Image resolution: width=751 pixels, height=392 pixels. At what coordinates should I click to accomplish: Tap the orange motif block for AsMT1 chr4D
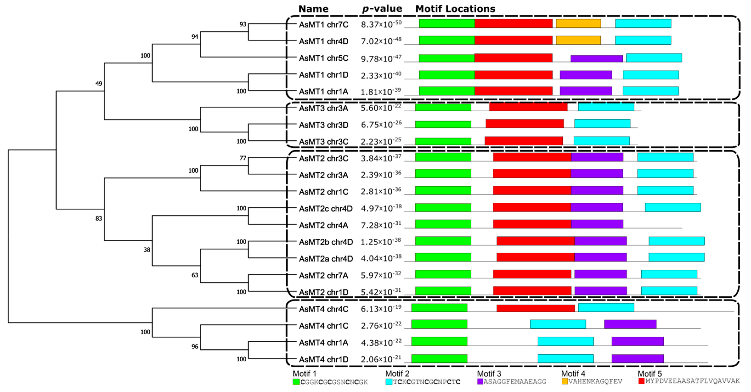click(x=578, y=40)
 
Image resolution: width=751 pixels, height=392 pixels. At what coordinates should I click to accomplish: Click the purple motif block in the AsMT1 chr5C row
click(x=597, y=59)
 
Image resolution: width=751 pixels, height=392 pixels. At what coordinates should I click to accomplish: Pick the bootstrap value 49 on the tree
click(x=99, y=84)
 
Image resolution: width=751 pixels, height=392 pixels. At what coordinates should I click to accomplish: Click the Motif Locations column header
click(x=455, y=9)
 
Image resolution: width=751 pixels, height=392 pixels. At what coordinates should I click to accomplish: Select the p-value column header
click(x=382, y=9)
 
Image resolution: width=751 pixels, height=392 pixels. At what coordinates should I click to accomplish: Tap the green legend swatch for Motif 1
click(x=296, y=382)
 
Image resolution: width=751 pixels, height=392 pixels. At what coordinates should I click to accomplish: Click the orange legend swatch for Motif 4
click(x=565, y=381)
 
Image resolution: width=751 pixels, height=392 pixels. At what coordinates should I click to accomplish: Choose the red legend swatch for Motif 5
click(x=641, y=381)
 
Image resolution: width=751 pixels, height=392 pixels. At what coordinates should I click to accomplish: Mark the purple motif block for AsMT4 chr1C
click(x=630, y=324)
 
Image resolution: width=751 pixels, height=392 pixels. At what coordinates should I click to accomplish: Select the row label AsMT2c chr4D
click(x=326, y=209)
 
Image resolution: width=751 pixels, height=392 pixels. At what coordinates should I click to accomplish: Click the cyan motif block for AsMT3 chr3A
click(x=606, y=107)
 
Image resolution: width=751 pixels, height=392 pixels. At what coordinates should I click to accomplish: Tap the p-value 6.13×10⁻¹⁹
click(x=381, y=309)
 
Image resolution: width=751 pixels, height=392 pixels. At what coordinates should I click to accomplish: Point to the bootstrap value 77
click(x=243, y=158)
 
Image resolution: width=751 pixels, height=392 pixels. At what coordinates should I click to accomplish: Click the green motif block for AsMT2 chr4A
click(x=443, y=224)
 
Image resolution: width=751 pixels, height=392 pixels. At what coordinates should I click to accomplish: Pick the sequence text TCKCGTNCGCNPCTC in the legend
click(x=427, y=382)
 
